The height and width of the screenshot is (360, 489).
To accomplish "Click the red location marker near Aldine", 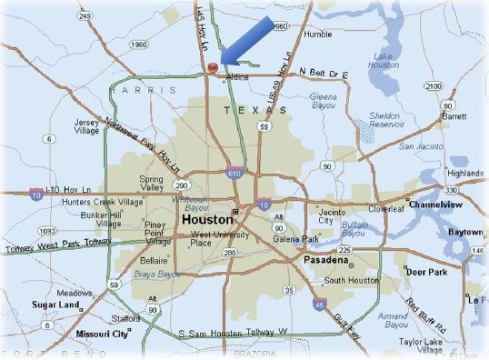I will (x=213, y=67).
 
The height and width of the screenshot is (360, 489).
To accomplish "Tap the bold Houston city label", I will (x=207, y=220).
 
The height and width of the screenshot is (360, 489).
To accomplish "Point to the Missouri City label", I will (x=102, y=334).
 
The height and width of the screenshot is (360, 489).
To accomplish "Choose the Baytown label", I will (x=465, y=232).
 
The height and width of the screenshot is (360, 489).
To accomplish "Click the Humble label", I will (x=318, y=34).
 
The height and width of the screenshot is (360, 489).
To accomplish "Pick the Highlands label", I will (x=464, y=173).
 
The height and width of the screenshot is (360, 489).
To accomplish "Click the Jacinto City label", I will (x=329, y=216).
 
